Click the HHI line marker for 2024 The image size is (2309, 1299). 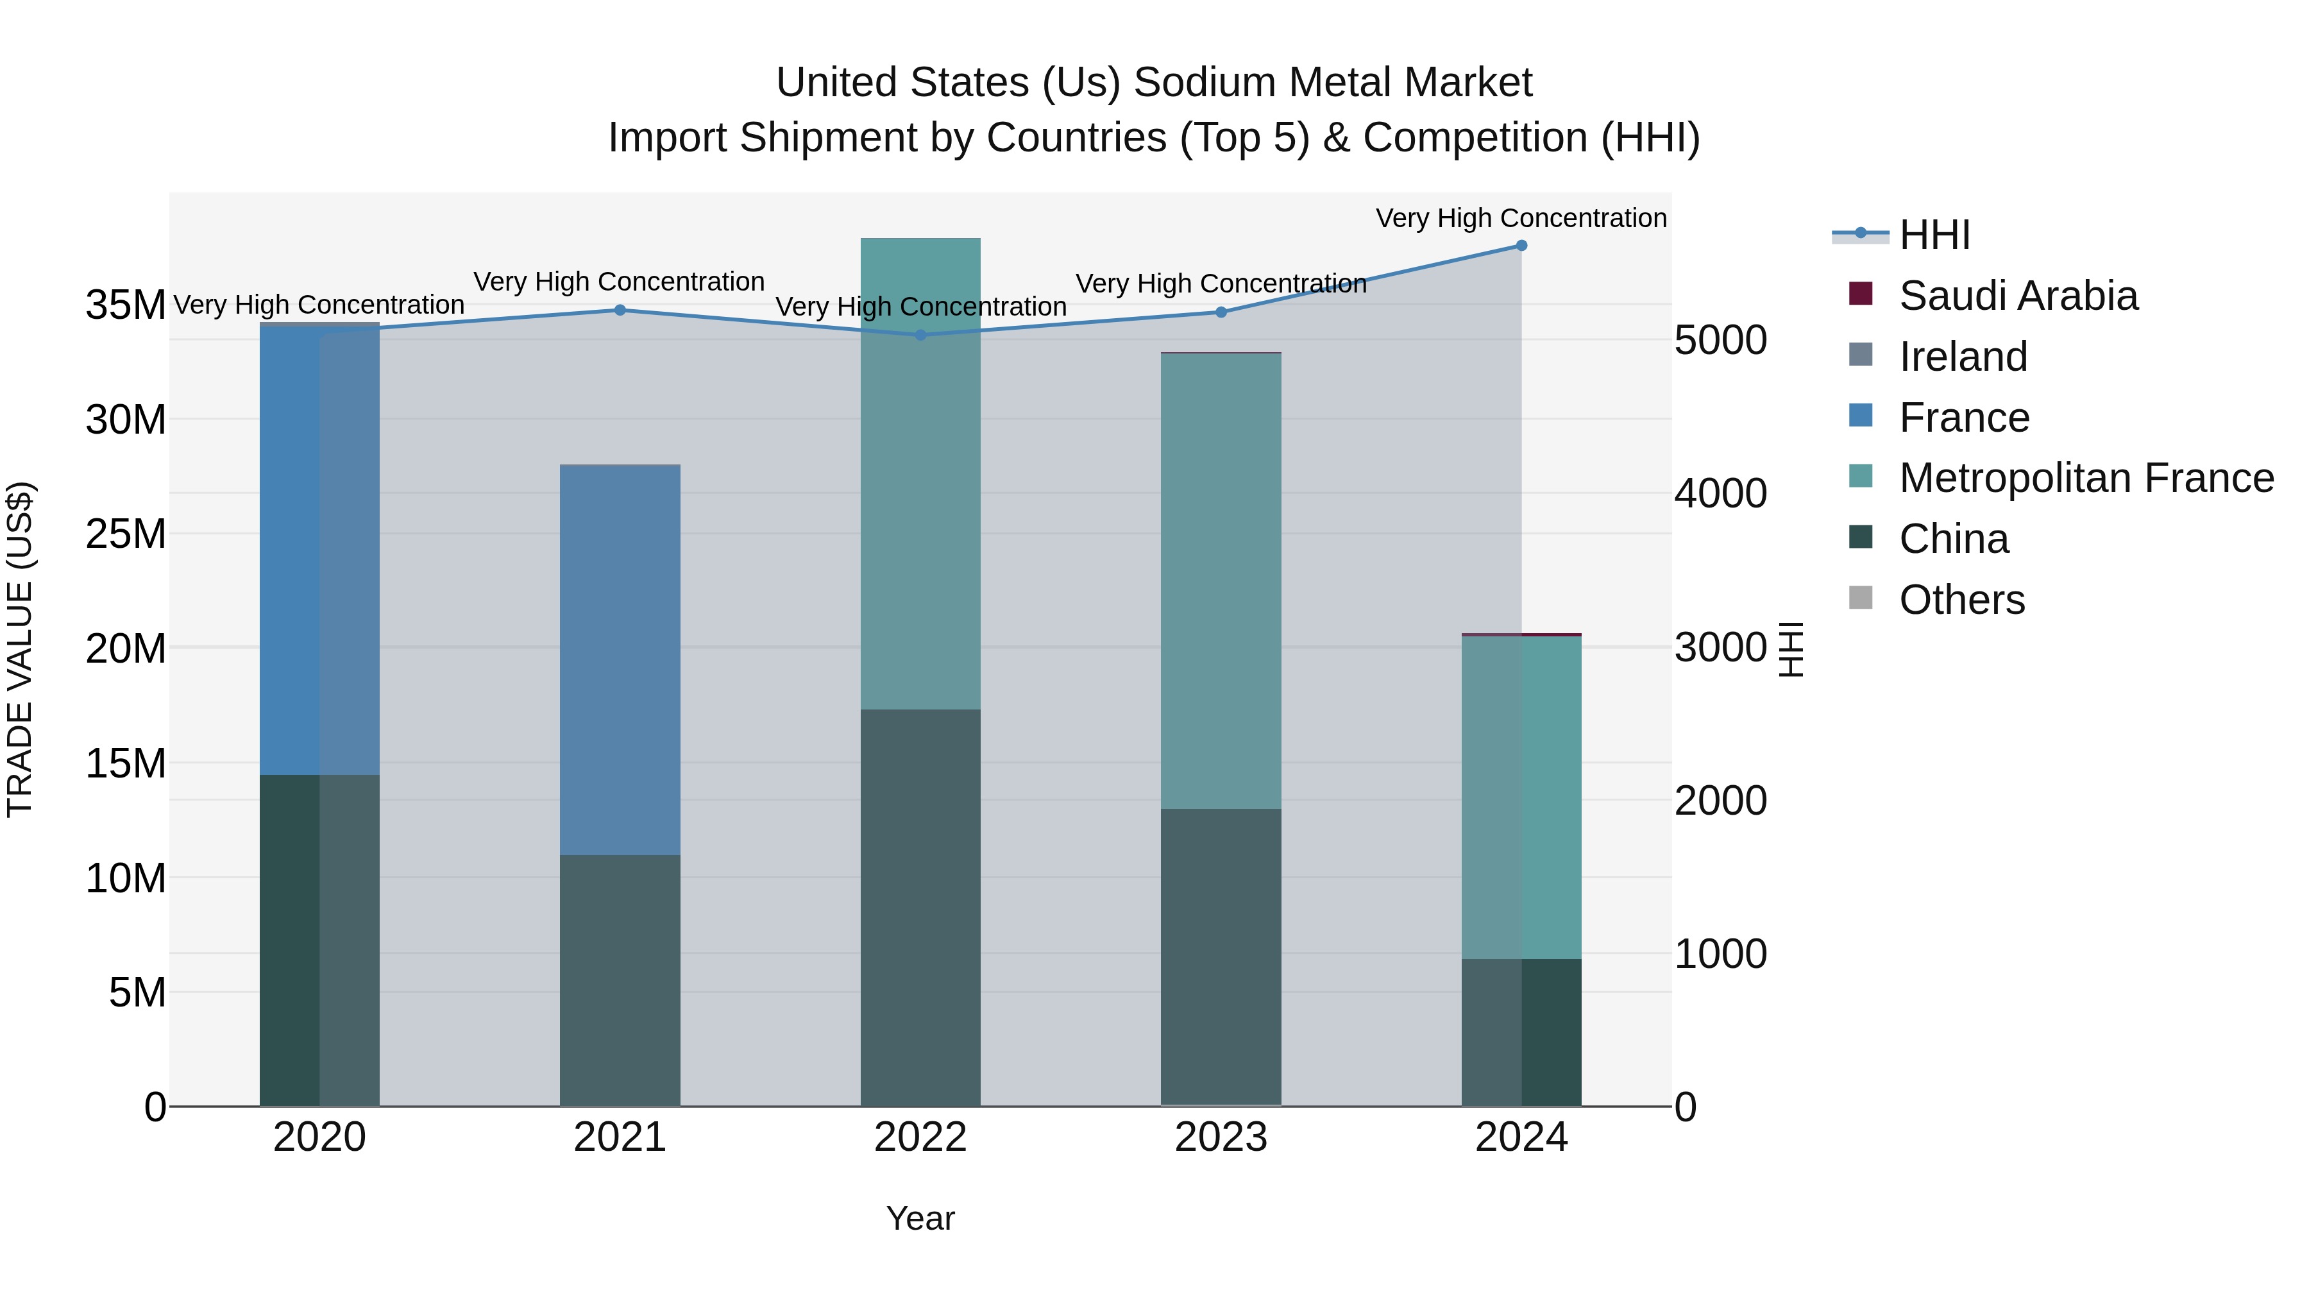(1521, 246)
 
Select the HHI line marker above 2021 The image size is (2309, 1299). (620, 310)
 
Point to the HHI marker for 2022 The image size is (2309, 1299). (920, 335)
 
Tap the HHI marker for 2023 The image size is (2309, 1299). (1221, 312)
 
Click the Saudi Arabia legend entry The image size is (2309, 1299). (2017, 296)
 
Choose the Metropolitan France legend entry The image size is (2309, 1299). (2085, 478)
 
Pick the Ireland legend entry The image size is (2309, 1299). (1962, 357)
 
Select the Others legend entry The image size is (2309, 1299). (1961, 600)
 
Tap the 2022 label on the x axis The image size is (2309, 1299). (920, 1137)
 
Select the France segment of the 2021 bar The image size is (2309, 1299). (620, 660)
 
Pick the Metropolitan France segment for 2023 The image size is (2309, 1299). (1221, 581)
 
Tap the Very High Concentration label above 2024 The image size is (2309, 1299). (1521, 218)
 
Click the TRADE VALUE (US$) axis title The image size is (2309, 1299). (20, 649)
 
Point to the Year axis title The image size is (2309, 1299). (920, 1218)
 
